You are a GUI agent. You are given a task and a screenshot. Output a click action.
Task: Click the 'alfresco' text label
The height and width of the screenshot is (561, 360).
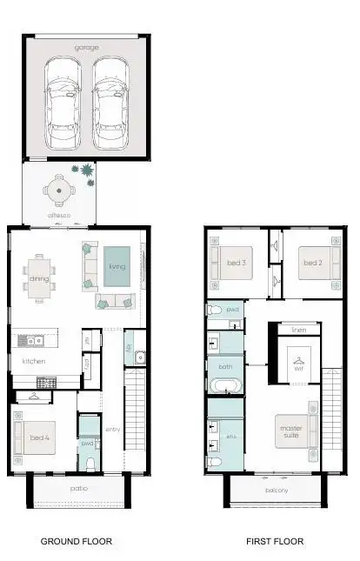59,213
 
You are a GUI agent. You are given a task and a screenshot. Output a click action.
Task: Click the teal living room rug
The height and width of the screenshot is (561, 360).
117,267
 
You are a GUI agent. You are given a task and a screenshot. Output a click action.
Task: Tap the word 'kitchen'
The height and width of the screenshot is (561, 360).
34,360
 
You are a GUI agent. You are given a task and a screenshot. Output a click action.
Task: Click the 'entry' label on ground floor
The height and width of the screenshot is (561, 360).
113,430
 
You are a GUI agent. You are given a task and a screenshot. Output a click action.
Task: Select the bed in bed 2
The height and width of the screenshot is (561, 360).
311,263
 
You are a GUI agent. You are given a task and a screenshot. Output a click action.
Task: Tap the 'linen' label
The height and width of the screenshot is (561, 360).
299,331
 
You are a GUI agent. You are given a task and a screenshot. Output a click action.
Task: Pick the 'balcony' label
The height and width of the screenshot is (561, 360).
277,491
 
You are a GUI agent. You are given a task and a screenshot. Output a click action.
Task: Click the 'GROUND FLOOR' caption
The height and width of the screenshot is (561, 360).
77,541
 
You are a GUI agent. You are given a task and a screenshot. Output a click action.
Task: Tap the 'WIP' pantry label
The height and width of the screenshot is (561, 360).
87,364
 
